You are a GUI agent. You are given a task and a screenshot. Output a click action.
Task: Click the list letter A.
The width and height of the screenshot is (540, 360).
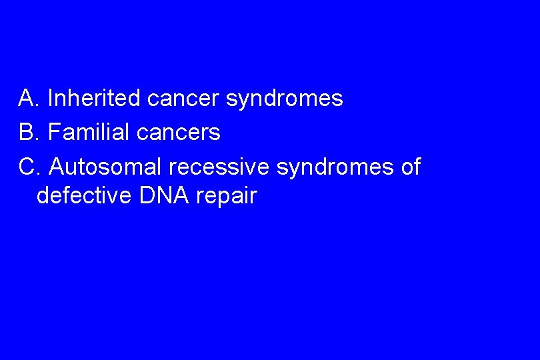(x=27, y=99)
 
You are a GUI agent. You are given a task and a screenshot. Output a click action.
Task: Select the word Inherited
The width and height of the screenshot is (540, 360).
(x=94, y=99)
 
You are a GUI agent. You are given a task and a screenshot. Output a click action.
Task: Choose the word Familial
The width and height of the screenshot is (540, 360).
(x=89, y=133)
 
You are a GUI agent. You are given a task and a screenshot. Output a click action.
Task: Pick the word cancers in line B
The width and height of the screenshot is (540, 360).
(x=178, y=133)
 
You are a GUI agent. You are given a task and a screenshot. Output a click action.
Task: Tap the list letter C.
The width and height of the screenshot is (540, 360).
(x=27, y=167)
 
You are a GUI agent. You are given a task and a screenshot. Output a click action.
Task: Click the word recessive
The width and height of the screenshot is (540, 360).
(x=223, y=167)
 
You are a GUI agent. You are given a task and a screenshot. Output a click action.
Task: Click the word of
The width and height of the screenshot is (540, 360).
(x=411, y=167)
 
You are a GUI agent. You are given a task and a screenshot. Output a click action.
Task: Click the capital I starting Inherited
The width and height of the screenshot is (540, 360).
(x=51, y=99)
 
